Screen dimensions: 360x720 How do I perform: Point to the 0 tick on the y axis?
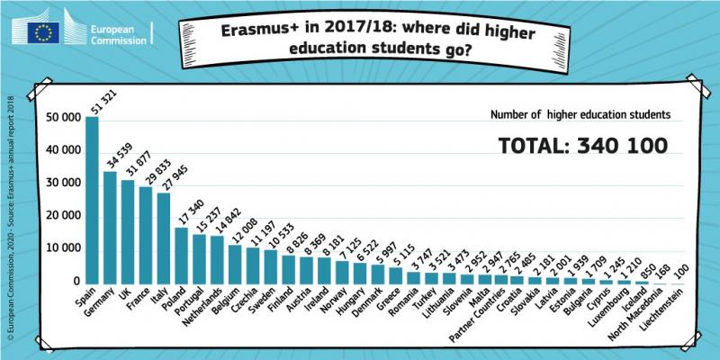[x=74, y=282]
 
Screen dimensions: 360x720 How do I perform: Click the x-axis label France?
[x=138, y=302]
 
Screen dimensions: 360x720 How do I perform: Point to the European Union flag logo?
[x=45, y=32]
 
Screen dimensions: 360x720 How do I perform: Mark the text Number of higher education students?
[x=580, y=115]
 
